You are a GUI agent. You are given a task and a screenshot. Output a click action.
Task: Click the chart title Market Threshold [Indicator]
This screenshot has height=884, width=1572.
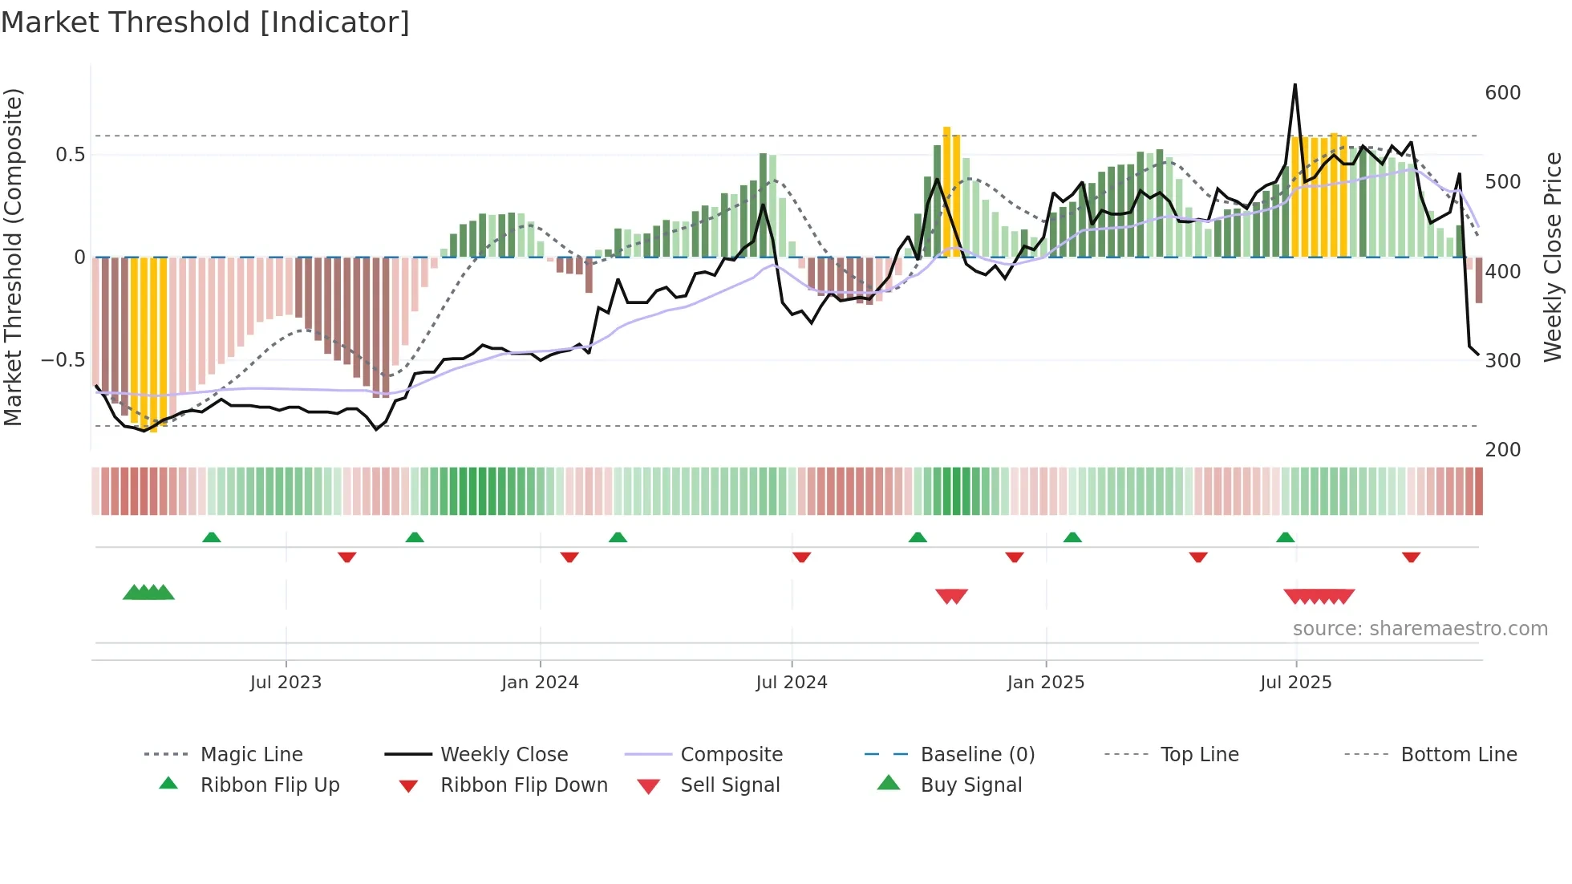[205, 22]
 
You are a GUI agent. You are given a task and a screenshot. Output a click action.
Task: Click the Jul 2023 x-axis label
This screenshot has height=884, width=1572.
[286, 683]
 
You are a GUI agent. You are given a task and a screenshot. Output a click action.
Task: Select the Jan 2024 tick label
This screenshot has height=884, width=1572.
[540, 683]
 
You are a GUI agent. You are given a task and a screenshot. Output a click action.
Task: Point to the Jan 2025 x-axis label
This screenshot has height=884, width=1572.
[1045, 683]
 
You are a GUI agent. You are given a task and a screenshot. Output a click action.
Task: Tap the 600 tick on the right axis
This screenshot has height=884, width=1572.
[1502, 93]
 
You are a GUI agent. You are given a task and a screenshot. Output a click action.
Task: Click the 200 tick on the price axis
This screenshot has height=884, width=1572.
[1502, 450]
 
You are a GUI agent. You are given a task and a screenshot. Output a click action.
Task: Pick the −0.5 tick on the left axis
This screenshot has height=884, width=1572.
[63, 360]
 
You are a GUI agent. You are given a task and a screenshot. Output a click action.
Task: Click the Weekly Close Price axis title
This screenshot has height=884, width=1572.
[1553, 257]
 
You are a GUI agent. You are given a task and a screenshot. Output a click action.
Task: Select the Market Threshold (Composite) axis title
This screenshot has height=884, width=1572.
[13, 257]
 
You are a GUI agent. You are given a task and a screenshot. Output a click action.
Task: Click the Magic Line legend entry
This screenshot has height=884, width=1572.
[251, 755]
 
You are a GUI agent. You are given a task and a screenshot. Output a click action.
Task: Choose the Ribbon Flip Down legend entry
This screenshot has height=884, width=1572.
[523, 785]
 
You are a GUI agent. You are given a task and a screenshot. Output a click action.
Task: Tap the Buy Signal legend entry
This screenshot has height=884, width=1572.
[970, 785]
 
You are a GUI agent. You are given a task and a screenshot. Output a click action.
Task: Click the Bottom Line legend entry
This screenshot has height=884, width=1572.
[1458, 755]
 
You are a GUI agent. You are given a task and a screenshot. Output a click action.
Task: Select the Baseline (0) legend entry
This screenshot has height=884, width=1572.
[977, 755]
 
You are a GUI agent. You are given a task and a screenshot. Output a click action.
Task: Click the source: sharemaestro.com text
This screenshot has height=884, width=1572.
[1420, 629]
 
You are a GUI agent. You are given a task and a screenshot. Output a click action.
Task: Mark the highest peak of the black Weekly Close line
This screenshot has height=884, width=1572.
[1294, 85]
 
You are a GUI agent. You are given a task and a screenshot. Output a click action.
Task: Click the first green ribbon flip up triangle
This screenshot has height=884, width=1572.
[212, 537]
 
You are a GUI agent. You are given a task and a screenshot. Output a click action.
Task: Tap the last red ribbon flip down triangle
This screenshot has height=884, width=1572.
[1411, 557]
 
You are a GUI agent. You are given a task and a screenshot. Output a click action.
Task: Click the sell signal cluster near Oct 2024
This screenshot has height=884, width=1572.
[951, 596]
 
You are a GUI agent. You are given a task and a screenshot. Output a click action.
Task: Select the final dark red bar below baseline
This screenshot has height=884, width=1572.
[1478, 280]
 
